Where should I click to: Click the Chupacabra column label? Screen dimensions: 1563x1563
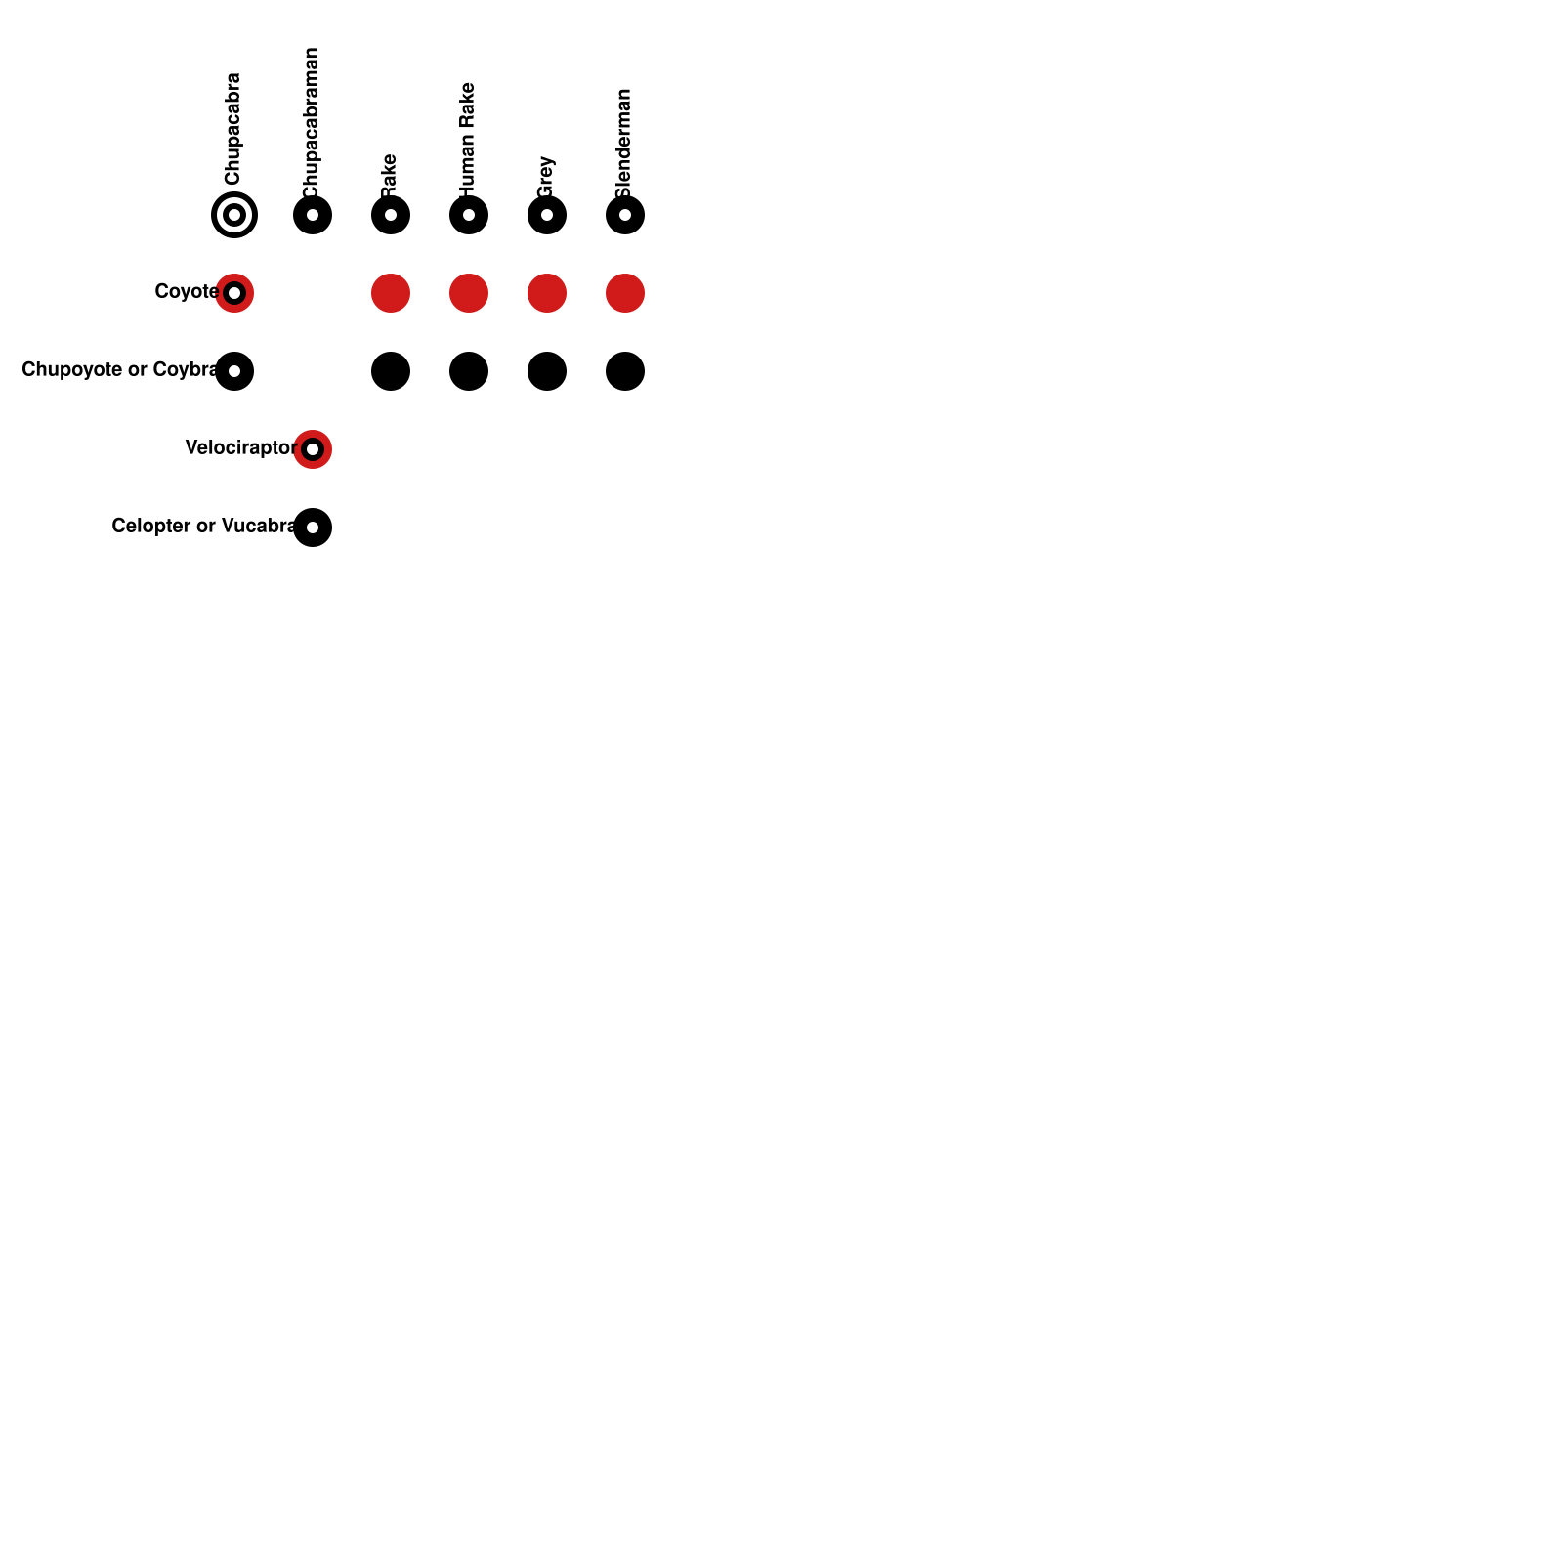point(232,129)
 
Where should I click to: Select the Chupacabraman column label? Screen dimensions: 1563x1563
point(311,122)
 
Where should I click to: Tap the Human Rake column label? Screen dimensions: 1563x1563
point(467,139)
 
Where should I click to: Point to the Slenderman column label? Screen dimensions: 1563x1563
point(623,143)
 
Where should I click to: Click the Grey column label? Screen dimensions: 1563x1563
point(545,176)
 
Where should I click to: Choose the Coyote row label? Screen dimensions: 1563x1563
point(186,291)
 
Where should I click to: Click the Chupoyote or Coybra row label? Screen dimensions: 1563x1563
point(119,369)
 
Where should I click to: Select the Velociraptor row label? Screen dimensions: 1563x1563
point(240,447)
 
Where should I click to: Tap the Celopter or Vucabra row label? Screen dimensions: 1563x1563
point(203,526)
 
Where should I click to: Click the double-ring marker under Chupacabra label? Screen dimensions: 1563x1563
point(234,215)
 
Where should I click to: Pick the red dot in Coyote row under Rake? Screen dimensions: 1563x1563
point(391,293)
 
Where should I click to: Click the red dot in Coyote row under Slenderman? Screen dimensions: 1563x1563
point(625,293)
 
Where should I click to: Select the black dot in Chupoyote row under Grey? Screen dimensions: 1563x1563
point(547,371)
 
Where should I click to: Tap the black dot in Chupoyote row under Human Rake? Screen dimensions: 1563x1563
point(469,371)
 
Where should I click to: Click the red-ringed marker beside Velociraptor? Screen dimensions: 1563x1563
point(313,449)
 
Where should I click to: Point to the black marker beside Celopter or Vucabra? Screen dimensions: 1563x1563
point(313,528)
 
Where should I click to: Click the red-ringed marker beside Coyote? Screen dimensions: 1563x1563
point(234,293)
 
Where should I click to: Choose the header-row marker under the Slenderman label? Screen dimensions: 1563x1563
point(625,215)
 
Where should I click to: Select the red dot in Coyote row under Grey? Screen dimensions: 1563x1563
point(547,293)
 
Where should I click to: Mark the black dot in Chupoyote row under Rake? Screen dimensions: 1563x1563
point(391,371)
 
